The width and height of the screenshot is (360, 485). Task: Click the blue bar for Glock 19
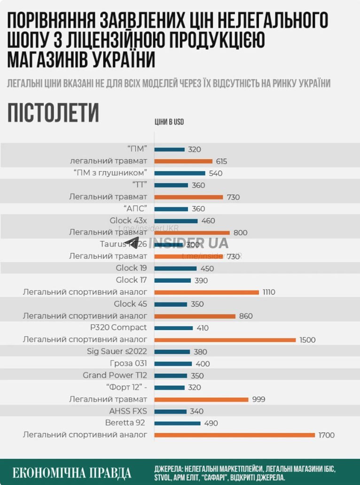point(175,269)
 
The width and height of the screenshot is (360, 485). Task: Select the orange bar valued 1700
point(235,435)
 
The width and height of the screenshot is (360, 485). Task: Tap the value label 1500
point(308,340)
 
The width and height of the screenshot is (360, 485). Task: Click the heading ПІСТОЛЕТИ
point(53,113)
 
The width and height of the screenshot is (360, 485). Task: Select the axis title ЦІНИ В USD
point(169,122)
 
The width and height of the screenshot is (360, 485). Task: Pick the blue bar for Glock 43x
point(176,221)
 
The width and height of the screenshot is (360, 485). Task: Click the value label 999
point(258,400)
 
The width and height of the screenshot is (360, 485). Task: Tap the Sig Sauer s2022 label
point(117,352)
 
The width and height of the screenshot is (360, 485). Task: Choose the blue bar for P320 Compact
point(173,328)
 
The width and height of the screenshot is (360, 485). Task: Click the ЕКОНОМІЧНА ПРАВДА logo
point(72,472)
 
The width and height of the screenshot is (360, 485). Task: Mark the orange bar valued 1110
point(206,292)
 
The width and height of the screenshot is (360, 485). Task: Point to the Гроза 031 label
point(128,363)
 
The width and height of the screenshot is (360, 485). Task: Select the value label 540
point(216,173)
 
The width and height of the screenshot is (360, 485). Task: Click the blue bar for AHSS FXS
point(170,411)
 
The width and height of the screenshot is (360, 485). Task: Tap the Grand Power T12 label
point(115,375)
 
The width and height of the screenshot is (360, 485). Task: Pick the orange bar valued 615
point(183,161)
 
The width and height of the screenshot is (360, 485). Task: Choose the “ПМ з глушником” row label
point(110,173)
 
